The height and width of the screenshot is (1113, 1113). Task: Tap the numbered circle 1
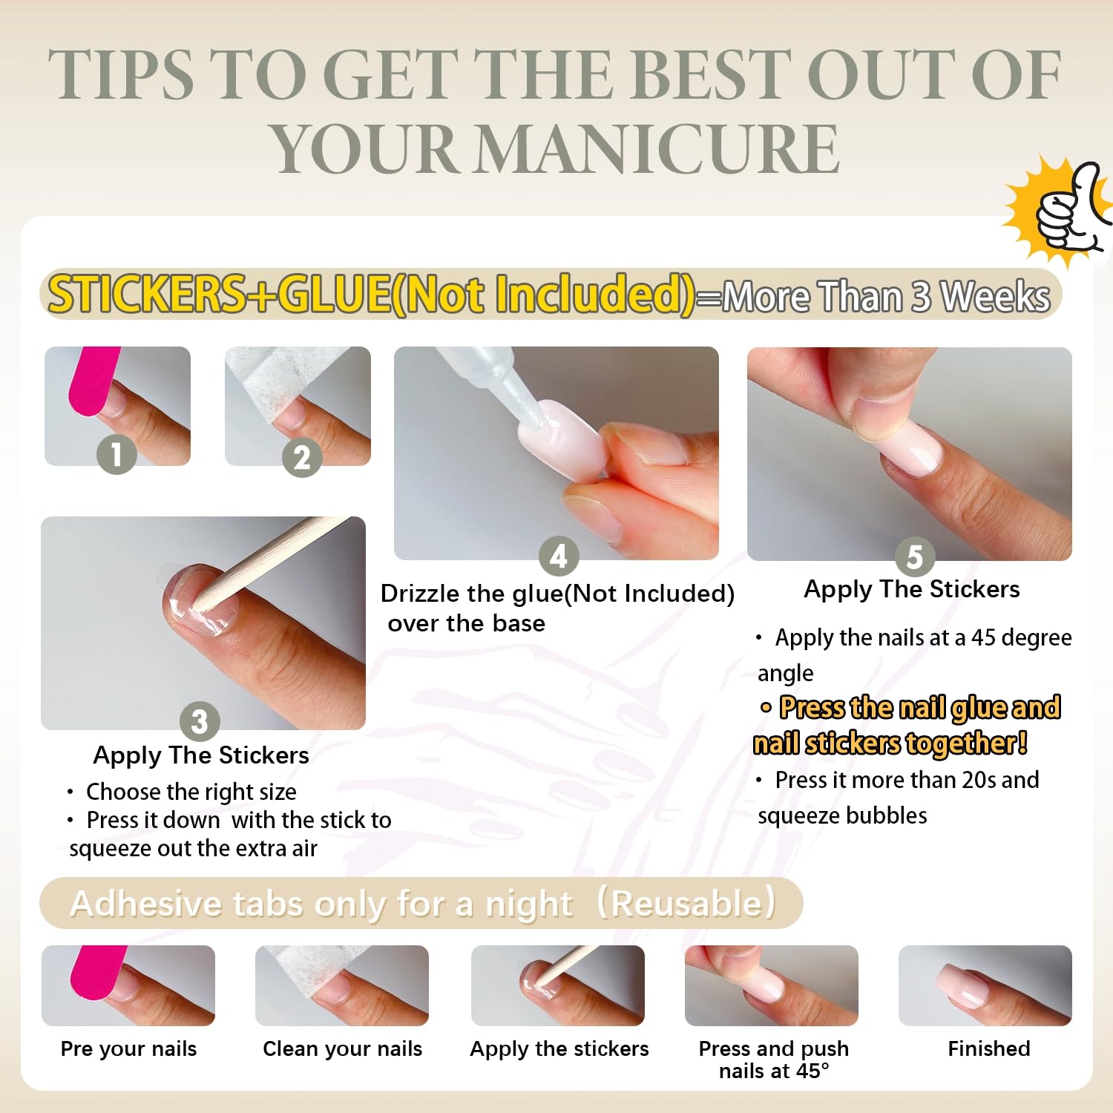coord(116,454)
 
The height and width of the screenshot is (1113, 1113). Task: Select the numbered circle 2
coord(301,458)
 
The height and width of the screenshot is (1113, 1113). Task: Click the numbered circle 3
coord(200,721)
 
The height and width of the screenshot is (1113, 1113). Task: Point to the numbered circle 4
coord(559,556)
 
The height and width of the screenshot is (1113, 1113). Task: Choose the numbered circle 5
coord(914,556)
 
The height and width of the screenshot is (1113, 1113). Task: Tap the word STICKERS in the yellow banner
coord(147,295)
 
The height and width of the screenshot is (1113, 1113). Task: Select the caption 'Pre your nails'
coord(128,1048)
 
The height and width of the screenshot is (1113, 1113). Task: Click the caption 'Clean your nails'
coord(342,1048)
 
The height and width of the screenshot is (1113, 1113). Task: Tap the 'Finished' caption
coord(988,1048)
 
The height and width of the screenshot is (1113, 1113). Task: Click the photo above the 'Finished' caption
coord(985,985)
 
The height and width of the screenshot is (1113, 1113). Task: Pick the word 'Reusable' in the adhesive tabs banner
coord(686,904)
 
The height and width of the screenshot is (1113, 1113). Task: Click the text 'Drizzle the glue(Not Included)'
coord(557,594)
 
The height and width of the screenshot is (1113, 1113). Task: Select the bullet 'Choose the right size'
coord(191,792)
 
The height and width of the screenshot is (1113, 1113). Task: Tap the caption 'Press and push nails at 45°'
coord(772,1060)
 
